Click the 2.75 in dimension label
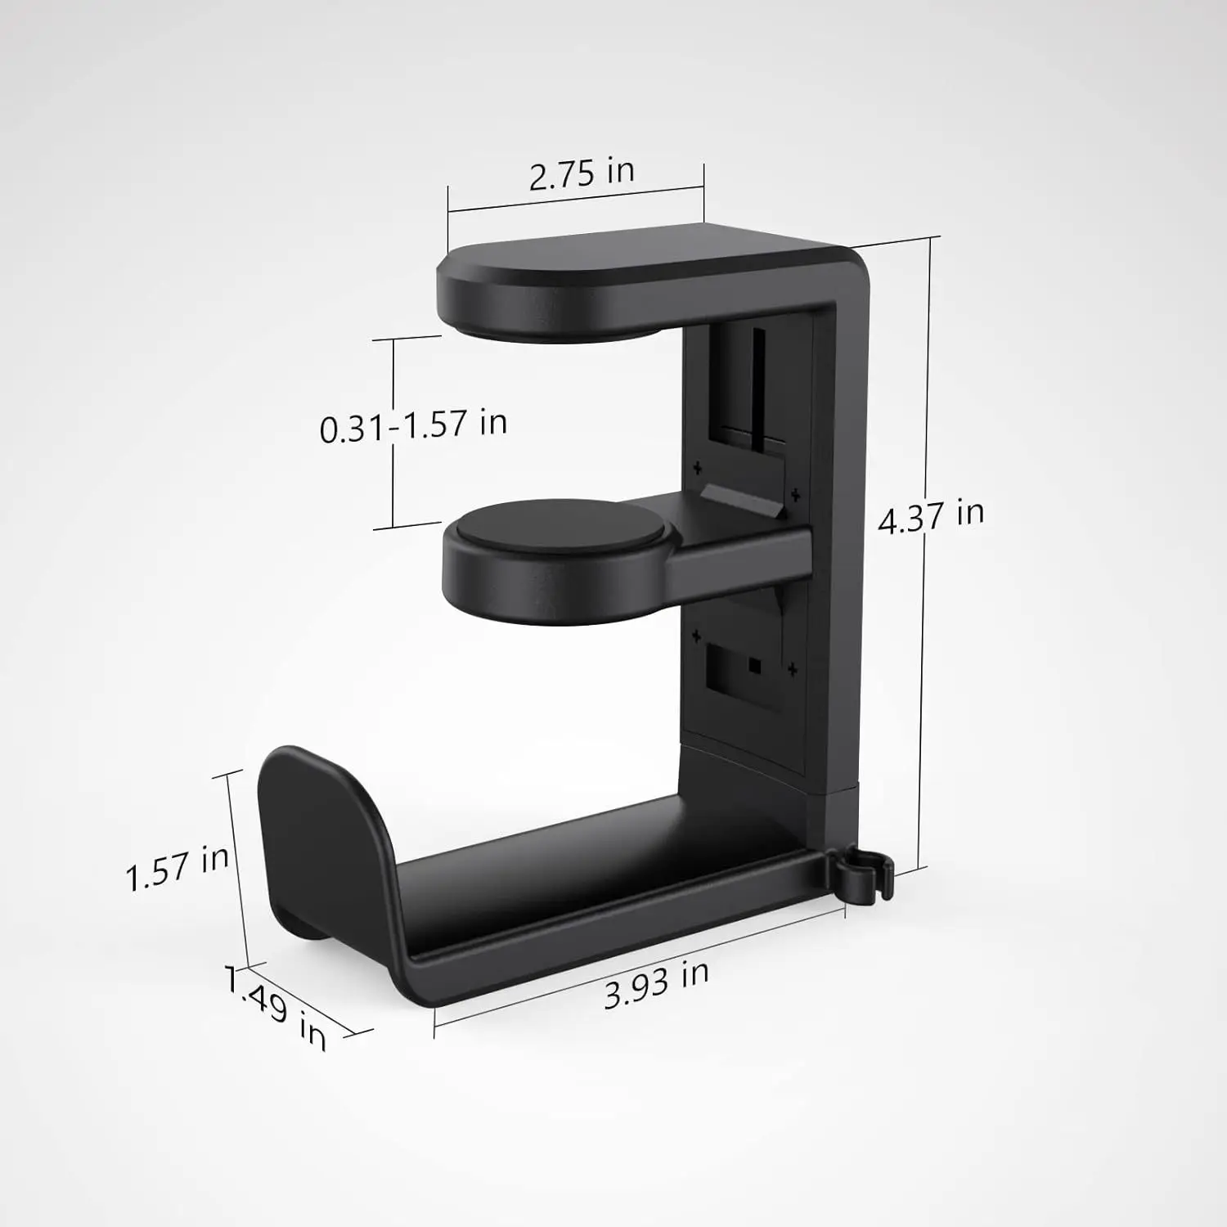click(581, 173)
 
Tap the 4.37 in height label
click(931, 516)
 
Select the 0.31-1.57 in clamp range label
click(413, 425)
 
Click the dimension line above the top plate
click(575, 199)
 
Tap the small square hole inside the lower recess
click(754, 666)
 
